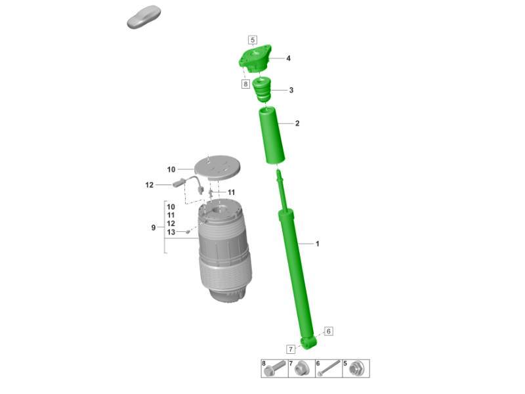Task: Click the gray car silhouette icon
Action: pyautogui.click(x=144, y=17)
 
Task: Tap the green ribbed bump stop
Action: pyautogui.click(x=261, y=90)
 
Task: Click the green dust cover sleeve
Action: pyautogui.click(x=271, y=135)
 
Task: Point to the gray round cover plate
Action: pyautogui.click(x=218, y=167)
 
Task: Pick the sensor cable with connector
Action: pyautogui.click(x=188, y=185)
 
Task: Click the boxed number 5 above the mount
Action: pyautogui.click(x=253, y=40)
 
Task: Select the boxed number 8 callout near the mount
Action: pyautogui.click(x=245, y=84)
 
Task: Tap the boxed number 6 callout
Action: pyautogui.click(x=329, y=331)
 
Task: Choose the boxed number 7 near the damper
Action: pyautogui.click(x=291, y=349)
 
